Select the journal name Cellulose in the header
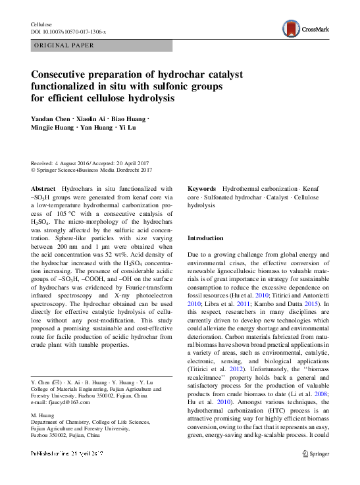pos(41,24)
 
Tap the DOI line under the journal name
pos(68,32)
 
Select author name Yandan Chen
pos(51,118)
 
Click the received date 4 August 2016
pos(74,163)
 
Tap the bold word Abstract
pos(43,188)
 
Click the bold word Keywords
pos(203,188)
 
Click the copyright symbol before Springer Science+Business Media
pos(34,170)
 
